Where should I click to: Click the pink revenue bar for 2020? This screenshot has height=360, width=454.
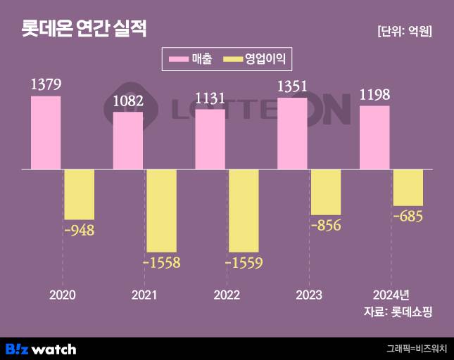(46, 133)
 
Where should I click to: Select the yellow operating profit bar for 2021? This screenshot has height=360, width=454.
(161, 211)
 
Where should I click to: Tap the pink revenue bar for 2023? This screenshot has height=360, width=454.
(292, 134)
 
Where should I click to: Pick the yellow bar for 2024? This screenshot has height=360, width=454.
(408, 188)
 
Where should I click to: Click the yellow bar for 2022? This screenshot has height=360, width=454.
(244, 211)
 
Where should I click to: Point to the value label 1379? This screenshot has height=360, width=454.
(46, 85)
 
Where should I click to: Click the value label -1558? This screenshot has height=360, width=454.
(161, 263)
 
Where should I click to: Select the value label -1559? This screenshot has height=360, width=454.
(244, 263)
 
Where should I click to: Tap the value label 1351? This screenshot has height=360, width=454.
(292, 86)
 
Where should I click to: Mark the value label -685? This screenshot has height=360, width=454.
(408, 216)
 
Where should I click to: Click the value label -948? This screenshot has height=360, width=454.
(79, 230)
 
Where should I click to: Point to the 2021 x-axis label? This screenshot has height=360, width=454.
(144, 295)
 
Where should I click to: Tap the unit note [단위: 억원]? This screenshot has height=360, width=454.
(404, 31)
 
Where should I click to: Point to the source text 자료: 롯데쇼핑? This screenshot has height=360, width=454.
(396, 312)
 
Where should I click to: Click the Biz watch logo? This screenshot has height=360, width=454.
(41, 349)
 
